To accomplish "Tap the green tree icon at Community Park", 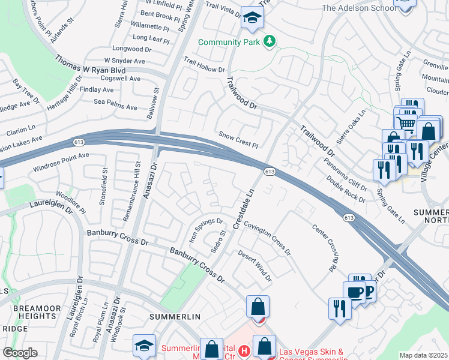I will tap(271, 41).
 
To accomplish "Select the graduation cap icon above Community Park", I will tap(252, 19).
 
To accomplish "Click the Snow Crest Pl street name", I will tap(238, 140).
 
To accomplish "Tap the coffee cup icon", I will tap(354, 292).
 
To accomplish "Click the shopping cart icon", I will tap(406, 122).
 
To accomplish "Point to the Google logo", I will tap(20, 353).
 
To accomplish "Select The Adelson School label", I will tap(359, 8).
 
